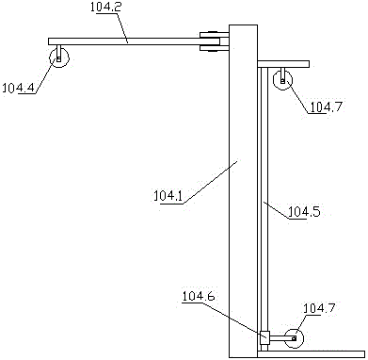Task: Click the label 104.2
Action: click(104, 7)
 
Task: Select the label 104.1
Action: click(168, 196)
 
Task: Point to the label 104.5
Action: click(304, 212)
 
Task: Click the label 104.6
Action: click(199, 296)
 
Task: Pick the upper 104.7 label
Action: click(325, 107)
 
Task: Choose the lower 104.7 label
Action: click(318, 308)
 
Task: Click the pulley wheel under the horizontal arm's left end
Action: click(59, 58)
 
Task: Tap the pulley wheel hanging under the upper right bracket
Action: click(282, 80)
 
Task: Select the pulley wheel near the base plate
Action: click(295, 338)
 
